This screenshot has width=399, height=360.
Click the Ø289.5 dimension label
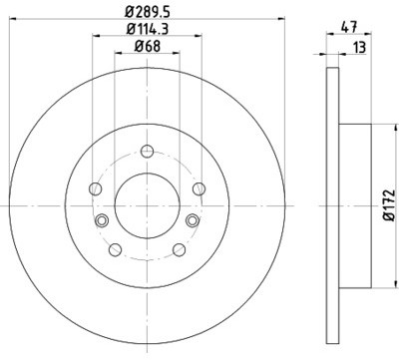click(x=148, y=13)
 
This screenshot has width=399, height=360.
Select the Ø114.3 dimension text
click(x=148, y=29)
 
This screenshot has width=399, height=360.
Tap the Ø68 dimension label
click(x=148, y=46)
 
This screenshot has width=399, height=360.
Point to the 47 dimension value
click(x=349, y=27)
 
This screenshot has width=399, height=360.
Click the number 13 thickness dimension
click(x=359, y=48)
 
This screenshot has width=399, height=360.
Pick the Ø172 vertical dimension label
click(x=388, y=205)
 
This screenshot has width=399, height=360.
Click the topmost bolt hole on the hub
click(x=147, y=152)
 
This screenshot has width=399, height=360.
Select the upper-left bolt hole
click(x=96, y=188)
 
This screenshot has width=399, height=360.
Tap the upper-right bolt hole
click(x=199, y=188)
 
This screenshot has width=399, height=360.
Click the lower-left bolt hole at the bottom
click(x=115, y=249)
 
